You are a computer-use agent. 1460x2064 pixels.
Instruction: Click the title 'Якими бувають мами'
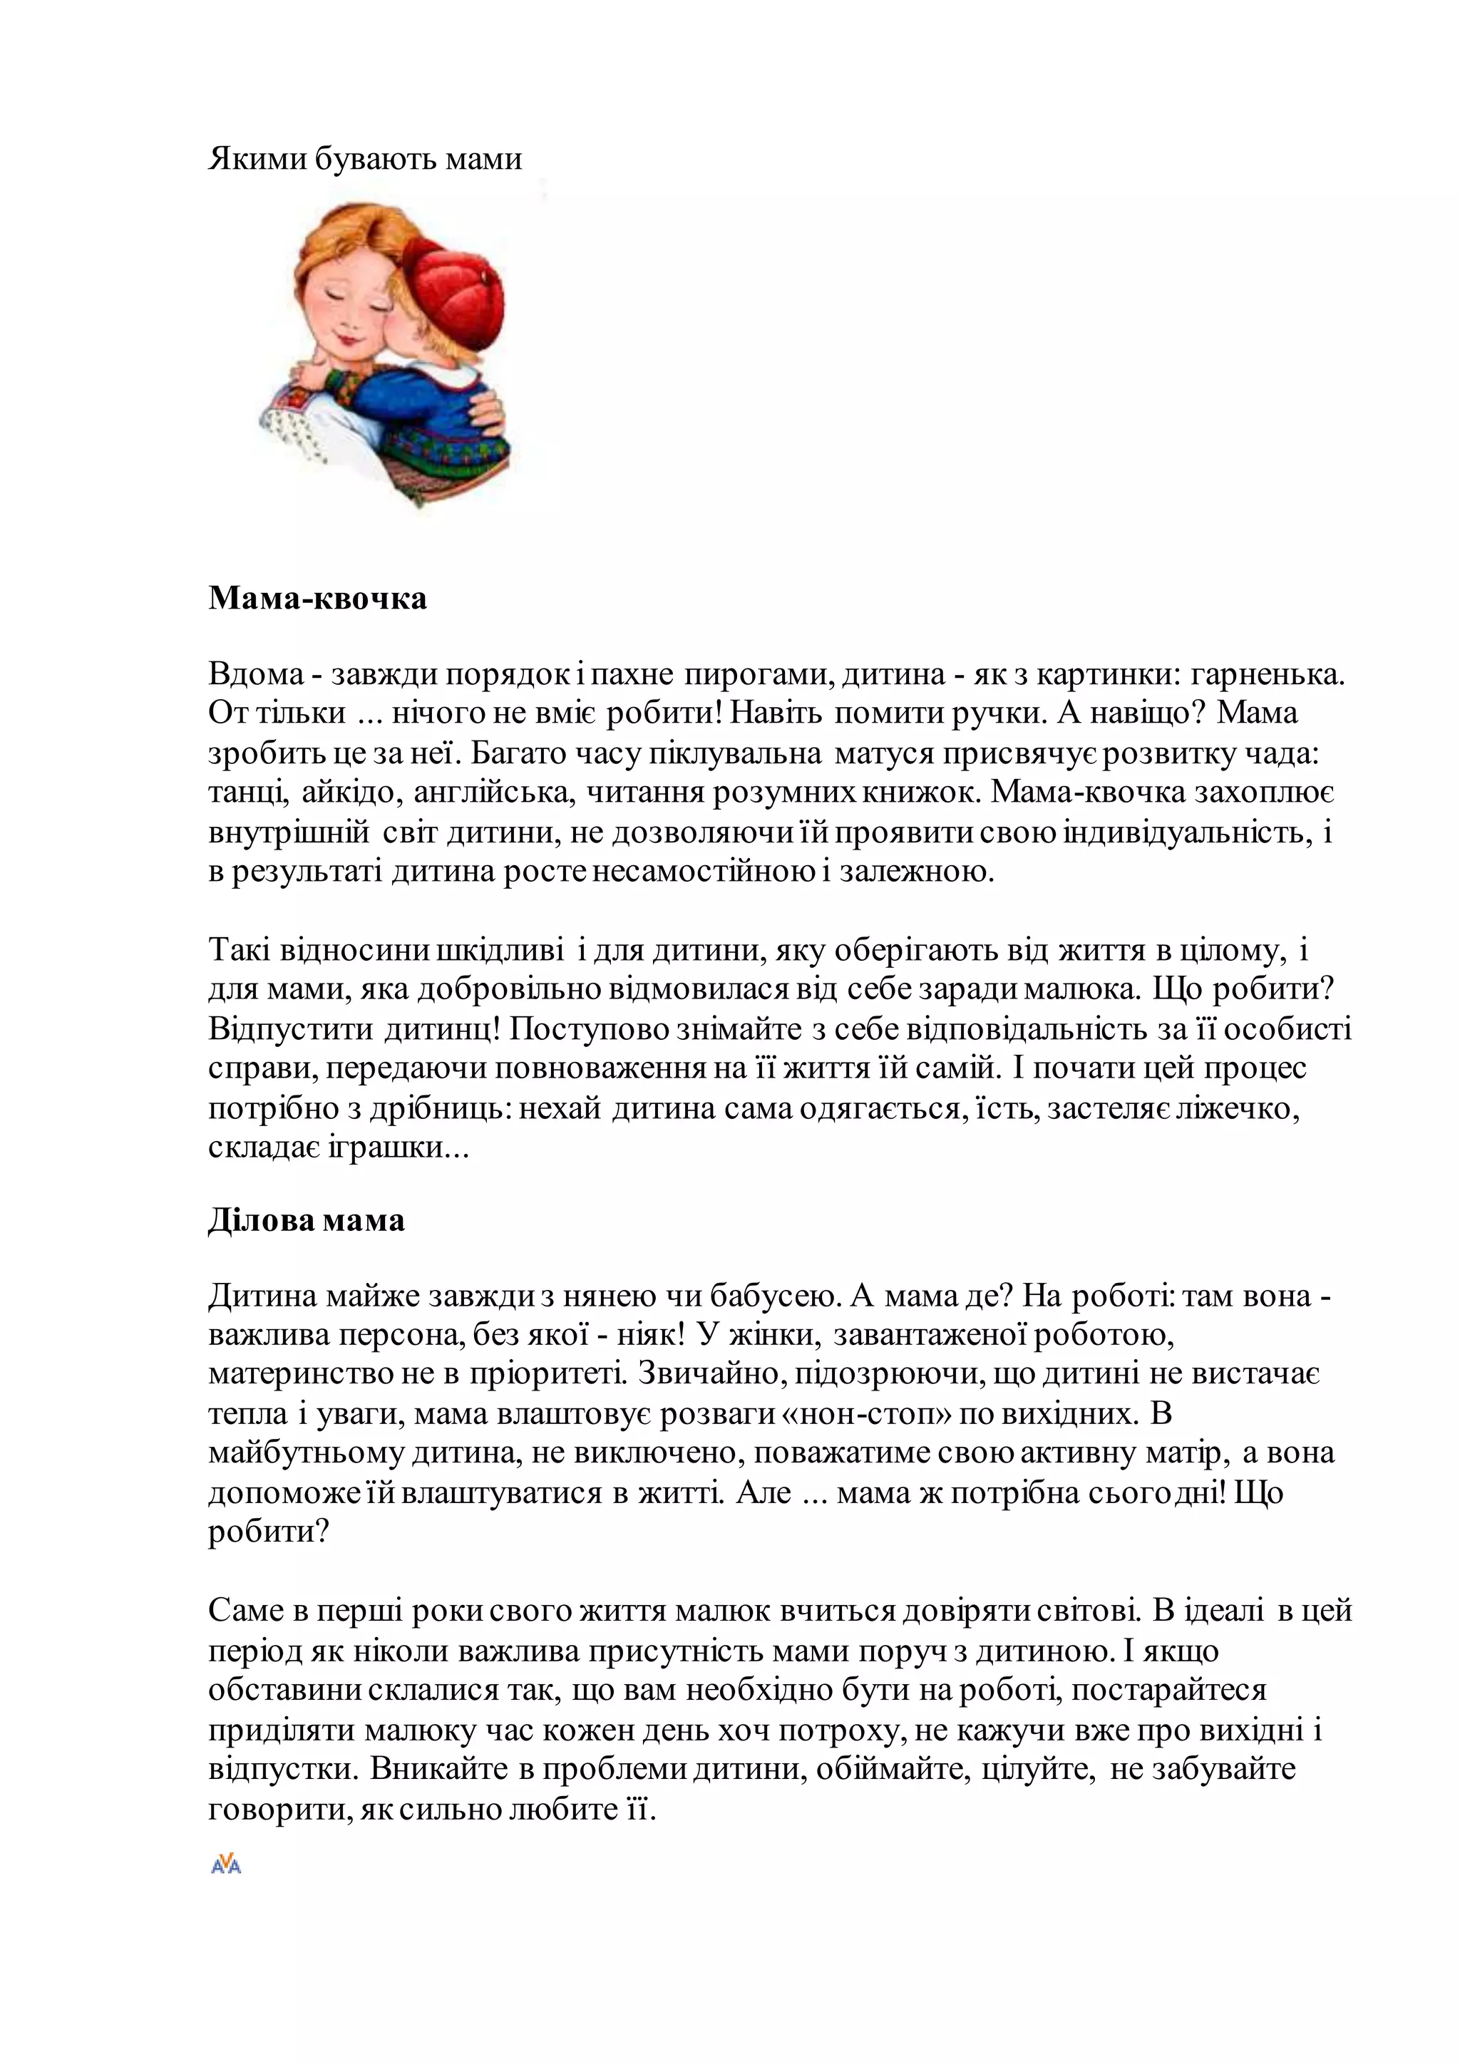pyautogui.click(x=365, y=159)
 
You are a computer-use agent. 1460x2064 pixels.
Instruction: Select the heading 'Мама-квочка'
pyautogui.click(x=317, y=598)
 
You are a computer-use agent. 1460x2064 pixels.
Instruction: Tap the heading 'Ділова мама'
pyautogui.click(x=307, y=1221)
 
